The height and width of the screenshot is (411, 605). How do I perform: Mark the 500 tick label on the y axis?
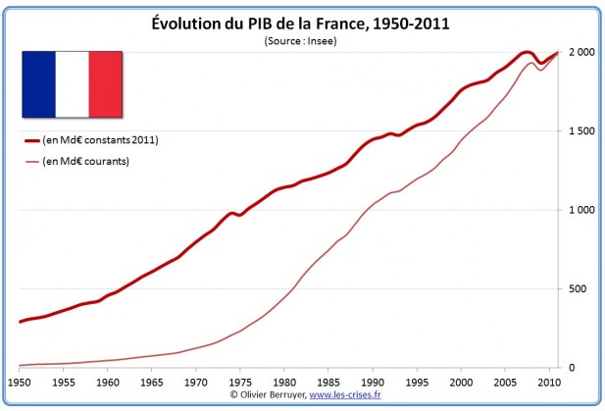point(581,288)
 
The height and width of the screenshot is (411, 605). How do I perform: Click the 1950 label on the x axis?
point(19,380)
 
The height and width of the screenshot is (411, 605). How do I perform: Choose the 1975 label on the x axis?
point(239,380)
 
